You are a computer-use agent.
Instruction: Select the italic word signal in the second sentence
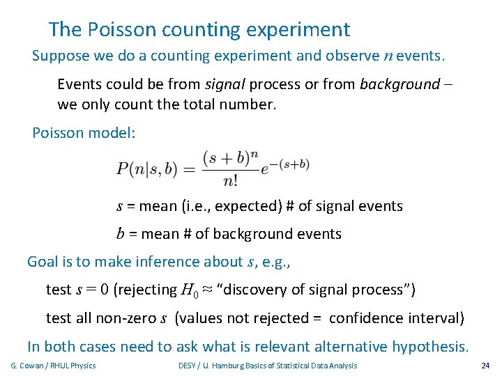(225, 85)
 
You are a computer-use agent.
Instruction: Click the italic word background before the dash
(400, 85)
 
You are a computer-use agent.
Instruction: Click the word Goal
(43, 262)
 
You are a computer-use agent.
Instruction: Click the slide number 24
(485, 366)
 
